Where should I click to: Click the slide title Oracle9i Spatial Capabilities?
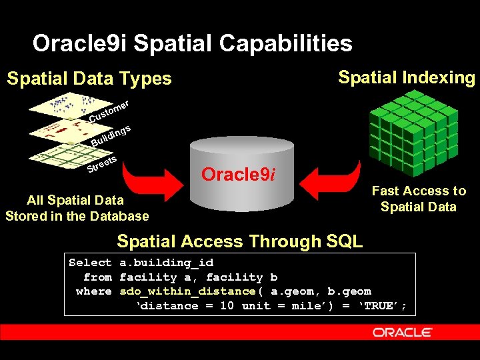(192, 44)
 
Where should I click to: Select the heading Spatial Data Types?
(89, 79)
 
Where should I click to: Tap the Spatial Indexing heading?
(406, 77)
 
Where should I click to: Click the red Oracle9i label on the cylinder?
(238, 175)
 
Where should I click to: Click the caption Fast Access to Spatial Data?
(419, 199)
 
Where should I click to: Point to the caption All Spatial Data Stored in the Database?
(77, 208)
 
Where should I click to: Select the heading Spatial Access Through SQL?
(239, 241)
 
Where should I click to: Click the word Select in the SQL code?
(90, 263)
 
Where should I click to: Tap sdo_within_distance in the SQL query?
(187, 291)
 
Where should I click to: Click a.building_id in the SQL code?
(166, 263)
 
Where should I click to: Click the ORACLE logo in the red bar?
(402, 331)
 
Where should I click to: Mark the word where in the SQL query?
(94, 291)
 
